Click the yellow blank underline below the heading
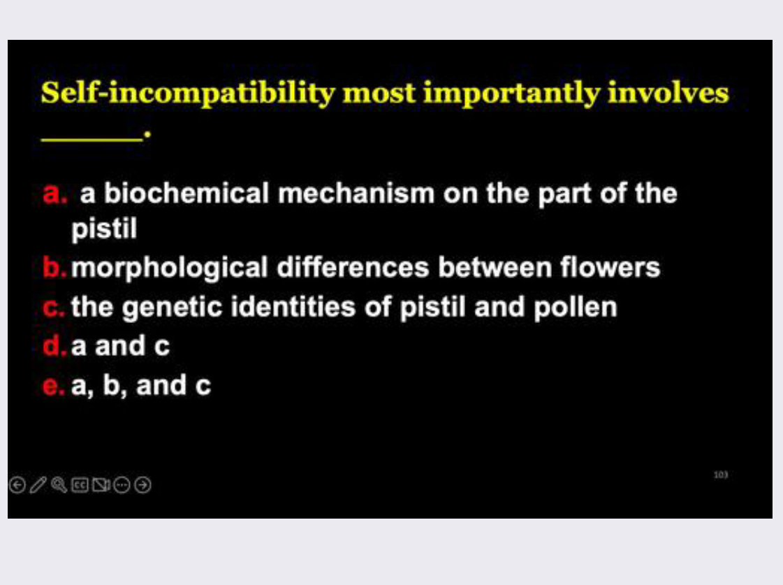coord(91,138)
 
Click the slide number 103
coord(721,475)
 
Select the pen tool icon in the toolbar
coord(38,484)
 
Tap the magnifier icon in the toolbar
coord(59,484)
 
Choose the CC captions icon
coord(80,484)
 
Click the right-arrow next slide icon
coord(143,484)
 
